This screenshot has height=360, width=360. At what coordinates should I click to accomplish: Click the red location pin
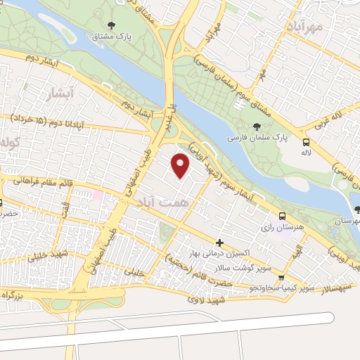[x=181, y=166]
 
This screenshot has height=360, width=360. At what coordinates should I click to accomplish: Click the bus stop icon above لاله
[x=305, y=141]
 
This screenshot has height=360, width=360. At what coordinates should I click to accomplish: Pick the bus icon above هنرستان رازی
[x=281, y=216]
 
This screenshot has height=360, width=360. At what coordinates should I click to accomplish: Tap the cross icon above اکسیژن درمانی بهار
[x=219, y=241]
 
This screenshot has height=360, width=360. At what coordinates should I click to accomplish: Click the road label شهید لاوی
[x=205, y=300]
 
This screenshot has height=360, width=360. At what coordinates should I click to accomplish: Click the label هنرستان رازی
[x=281, y=227]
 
